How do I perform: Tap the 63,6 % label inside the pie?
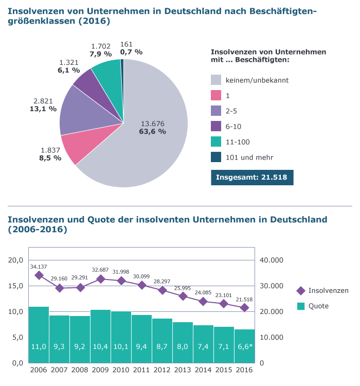click(152, 131)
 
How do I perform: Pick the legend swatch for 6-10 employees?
click(216, 127)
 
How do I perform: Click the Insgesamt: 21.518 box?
click(252, 177)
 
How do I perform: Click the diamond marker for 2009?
click(101, 279)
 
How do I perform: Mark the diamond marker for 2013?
click(183, 296)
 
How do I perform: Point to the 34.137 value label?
click(39, 267)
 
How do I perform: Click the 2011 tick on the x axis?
click(141, 371)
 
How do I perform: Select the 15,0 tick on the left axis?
click(16, 286)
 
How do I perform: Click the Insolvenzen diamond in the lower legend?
click(301, 291)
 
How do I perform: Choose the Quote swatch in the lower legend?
click(301, 306)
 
